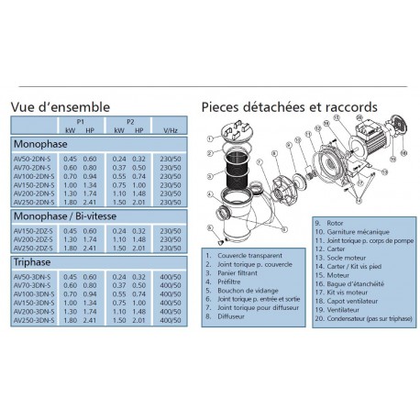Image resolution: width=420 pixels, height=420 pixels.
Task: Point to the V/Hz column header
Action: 167,130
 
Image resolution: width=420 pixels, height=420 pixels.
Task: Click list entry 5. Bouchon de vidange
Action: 239,290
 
